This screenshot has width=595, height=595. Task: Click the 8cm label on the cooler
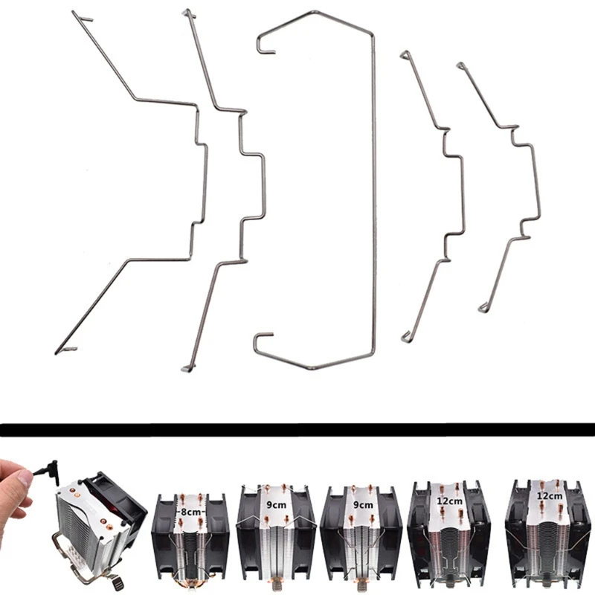(x=190, y=512)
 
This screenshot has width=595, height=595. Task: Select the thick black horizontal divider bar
(x=297, y=429)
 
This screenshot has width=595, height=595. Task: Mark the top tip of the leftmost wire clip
(x=82, y=16)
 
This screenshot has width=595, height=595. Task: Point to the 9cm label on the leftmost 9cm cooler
(x=277, y=506)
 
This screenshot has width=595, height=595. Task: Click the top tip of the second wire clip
(x=189, y=13)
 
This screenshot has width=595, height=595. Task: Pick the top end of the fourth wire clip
(x=405, y=55)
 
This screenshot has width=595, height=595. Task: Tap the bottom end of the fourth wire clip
(x=408, y=338)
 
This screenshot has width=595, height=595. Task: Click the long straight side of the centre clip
(x=373, y=193)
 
